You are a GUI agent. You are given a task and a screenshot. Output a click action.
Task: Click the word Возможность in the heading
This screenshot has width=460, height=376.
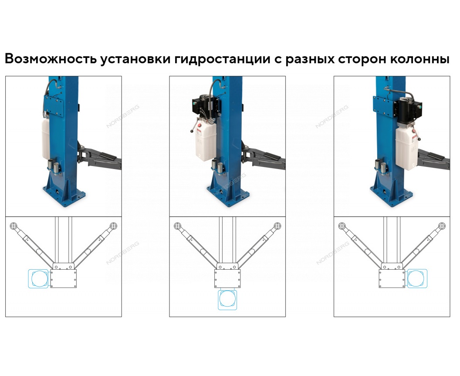click(x=51, y=59)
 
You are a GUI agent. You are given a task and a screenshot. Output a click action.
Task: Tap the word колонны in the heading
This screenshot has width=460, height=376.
click(x=420, y=59)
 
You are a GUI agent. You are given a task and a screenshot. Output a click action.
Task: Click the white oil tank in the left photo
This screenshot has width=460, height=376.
click(x=46, y=139)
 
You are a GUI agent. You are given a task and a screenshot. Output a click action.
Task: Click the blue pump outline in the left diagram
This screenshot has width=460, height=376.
click(x=38, y=278)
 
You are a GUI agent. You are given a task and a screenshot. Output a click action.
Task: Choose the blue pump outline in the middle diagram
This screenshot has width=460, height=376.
click(x=227, y=300)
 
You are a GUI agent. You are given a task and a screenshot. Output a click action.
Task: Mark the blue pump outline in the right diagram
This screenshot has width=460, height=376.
click(x=417, y=278)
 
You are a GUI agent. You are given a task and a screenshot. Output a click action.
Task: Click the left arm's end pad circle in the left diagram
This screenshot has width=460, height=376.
click(x=13, y=226)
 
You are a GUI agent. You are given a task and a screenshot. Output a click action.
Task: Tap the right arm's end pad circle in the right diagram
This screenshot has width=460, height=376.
click(x=442, y=226)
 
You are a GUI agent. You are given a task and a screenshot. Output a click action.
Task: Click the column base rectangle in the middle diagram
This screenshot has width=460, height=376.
click(x=227, y=278)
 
